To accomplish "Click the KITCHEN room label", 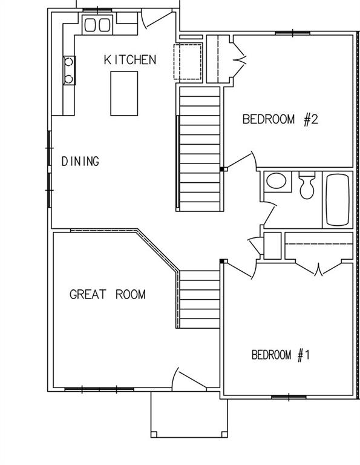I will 130,59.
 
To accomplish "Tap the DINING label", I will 80,162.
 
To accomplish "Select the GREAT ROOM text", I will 107,295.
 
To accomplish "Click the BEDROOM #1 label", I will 280,355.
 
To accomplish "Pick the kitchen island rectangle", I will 124,93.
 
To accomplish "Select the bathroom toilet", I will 307,185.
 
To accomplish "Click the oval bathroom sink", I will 277,182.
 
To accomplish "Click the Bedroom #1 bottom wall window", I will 288,397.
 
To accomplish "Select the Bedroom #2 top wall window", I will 284,33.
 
